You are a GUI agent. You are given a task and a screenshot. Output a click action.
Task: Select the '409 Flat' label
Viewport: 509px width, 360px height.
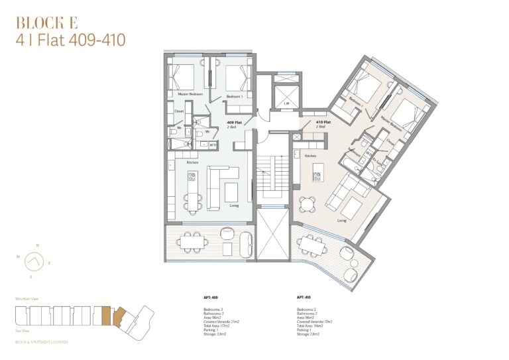(x=234, y=123)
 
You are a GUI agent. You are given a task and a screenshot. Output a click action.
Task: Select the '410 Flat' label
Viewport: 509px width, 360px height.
(x=323, y=123)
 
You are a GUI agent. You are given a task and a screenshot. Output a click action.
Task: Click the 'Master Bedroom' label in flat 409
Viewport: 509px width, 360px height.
(x=190, y=95)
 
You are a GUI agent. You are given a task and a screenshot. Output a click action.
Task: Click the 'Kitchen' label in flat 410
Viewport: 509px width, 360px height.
(x=310, y=156)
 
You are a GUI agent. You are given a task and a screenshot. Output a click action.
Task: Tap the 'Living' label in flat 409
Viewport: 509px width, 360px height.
(x=233, y=206)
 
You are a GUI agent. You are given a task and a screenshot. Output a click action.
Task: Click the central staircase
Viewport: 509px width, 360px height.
(x=272, y=176)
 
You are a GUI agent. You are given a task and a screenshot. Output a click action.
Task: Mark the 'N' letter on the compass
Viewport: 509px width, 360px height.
(x=37, y=245)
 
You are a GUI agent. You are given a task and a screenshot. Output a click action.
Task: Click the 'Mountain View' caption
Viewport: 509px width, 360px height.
(x=27, y=300)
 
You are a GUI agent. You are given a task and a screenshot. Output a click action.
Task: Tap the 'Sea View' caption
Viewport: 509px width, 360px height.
(x=23, y=329)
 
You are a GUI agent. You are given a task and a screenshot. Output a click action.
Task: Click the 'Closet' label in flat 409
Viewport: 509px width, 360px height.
(x=179, y=111)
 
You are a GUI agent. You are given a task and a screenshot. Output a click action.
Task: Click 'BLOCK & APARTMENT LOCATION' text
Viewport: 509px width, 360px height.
(x=41, y=342)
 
